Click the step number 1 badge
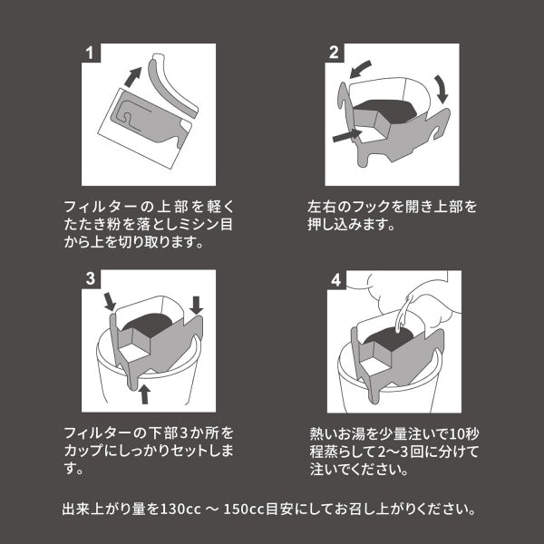click(x=91, y=53)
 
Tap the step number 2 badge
click(x=335, y=53)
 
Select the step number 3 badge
click(x=91, y=278)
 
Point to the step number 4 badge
click(x=335, y=278)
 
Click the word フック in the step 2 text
click(x=368, y=208)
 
